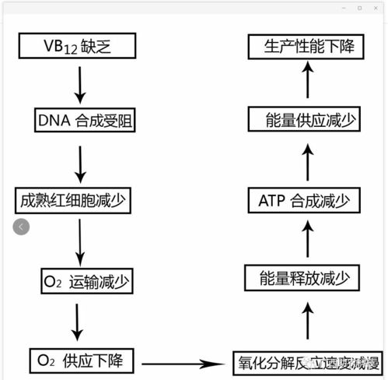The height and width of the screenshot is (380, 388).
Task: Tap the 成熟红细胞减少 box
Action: click(x=72, y=201)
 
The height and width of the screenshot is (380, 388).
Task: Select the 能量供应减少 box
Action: click(x=308, y=121)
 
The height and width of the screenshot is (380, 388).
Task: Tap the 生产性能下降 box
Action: click(x=308, y=47)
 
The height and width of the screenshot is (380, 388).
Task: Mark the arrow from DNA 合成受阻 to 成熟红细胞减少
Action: click(x=79, y=161)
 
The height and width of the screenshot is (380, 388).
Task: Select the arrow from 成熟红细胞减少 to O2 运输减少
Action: click(x=79, y=241)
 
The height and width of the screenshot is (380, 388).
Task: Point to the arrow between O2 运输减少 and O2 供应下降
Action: click(x=79, y=321)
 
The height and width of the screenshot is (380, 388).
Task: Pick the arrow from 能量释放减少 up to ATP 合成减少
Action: click(x=308, y=238)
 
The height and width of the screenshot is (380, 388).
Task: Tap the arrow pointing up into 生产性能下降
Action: click(x=308, y=81)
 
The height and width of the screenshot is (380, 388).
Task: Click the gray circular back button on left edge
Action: click(x=21, y=227)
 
